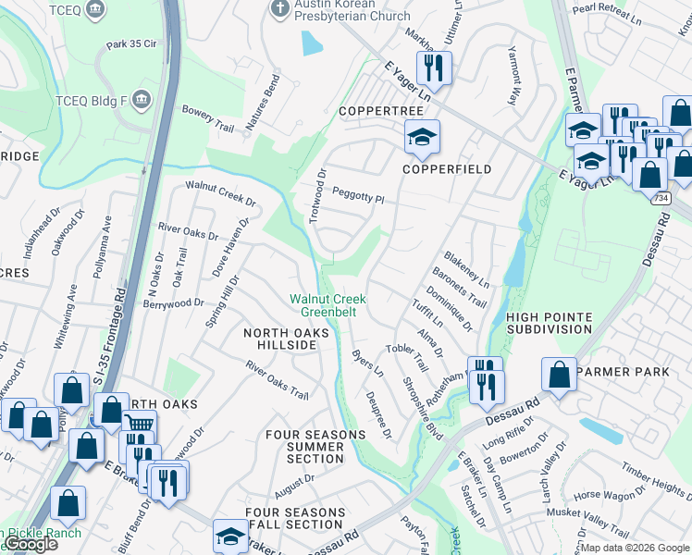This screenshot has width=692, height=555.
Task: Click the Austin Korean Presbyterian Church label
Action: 352,10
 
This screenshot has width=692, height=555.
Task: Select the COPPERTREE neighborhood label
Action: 380,111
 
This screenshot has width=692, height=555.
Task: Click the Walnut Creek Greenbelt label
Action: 327,306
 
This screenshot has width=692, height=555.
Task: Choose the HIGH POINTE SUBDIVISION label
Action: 549,323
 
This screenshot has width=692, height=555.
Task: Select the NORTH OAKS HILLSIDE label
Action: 279,339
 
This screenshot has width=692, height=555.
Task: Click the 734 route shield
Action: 660,198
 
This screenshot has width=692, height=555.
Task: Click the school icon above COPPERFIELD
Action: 422,138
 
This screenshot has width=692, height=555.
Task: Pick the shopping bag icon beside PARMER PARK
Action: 559,376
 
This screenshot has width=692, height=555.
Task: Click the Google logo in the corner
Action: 31,544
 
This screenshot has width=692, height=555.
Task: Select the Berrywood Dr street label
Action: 174,302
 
